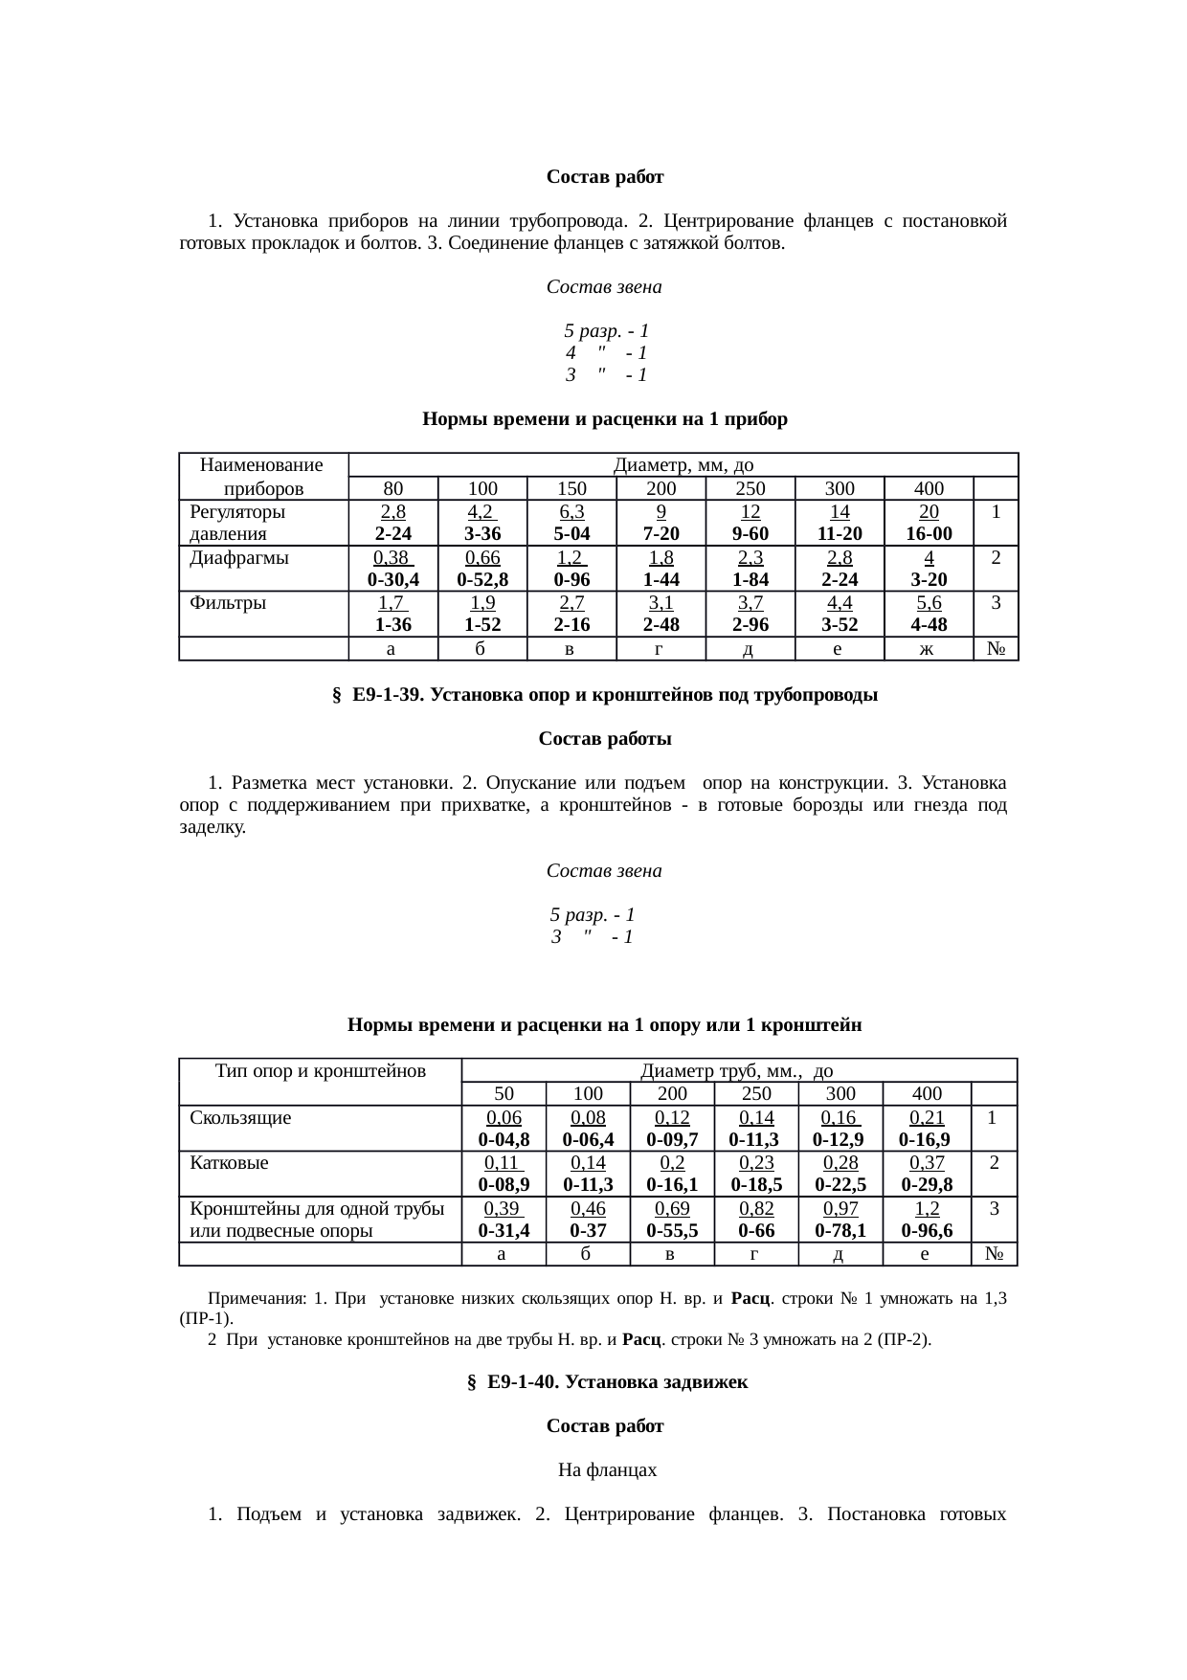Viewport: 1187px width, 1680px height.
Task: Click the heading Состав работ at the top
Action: click(605, 177)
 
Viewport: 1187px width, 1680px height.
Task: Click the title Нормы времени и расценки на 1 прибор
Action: click(604, 419)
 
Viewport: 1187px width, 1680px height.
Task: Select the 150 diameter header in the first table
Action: click(571, 488)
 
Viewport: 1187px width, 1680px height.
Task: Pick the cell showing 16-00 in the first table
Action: click(929, 533)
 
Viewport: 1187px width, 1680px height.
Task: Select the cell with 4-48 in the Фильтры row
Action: click(929, 624)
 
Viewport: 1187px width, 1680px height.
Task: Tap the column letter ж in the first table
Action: click(929, 649)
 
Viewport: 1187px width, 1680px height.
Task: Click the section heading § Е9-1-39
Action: click(604, 696)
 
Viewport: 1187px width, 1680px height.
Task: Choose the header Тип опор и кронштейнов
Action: click(321, 1070)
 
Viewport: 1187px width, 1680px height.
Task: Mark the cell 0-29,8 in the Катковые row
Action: click(927, 1184)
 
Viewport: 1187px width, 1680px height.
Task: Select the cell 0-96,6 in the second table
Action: click(927, 1230)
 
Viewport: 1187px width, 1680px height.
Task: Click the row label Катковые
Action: click(229, 1163)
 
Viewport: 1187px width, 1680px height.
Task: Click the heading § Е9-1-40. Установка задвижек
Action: click(606, 1382)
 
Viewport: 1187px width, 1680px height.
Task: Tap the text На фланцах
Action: click(607, 1469)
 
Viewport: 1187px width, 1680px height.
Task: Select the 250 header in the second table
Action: click(756, 1093)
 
